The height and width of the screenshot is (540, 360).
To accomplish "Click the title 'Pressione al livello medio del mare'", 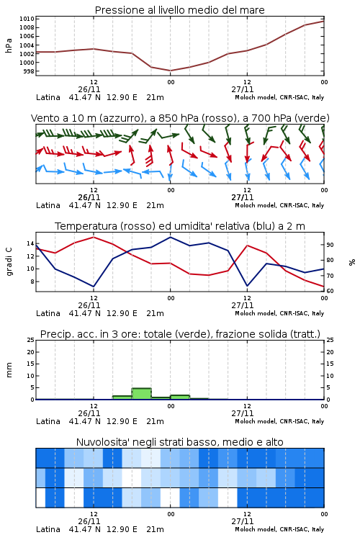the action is [179, 10].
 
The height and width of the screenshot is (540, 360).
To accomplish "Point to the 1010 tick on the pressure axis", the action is [27, 19].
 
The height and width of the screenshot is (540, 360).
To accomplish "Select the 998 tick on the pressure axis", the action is [29, 71].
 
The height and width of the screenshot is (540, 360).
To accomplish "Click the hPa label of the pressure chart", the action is [9, 45].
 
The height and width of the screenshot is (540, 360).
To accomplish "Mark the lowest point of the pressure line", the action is [170, 71].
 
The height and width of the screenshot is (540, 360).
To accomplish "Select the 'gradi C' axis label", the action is [9, 262].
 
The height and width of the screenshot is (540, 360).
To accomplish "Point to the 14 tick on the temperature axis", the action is [30, 244].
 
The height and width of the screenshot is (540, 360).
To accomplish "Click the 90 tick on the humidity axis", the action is [330, 245].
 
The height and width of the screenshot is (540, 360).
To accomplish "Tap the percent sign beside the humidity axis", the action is [352, 262].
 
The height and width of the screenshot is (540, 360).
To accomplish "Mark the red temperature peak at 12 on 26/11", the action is [94, 237].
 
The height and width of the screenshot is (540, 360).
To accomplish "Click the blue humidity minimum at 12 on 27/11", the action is [247, 286].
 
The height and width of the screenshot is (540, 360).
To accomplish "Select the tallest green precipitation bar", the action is [142, 394].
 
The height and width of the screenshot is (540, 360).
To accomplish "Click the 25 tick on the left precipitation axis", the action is [31, 340].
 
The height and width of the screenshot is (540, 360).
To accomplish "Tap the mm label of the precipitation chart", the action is [9, 370].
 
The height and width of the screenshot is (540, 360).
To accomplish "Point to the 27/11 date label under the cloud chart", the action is [243, 521].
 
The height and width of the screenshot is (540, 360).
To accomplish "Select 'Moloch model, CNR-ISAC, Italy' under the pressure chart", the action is [279, 97].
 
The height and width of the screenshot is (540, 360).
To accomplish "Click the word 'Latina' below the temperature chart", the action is [48, 313].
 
